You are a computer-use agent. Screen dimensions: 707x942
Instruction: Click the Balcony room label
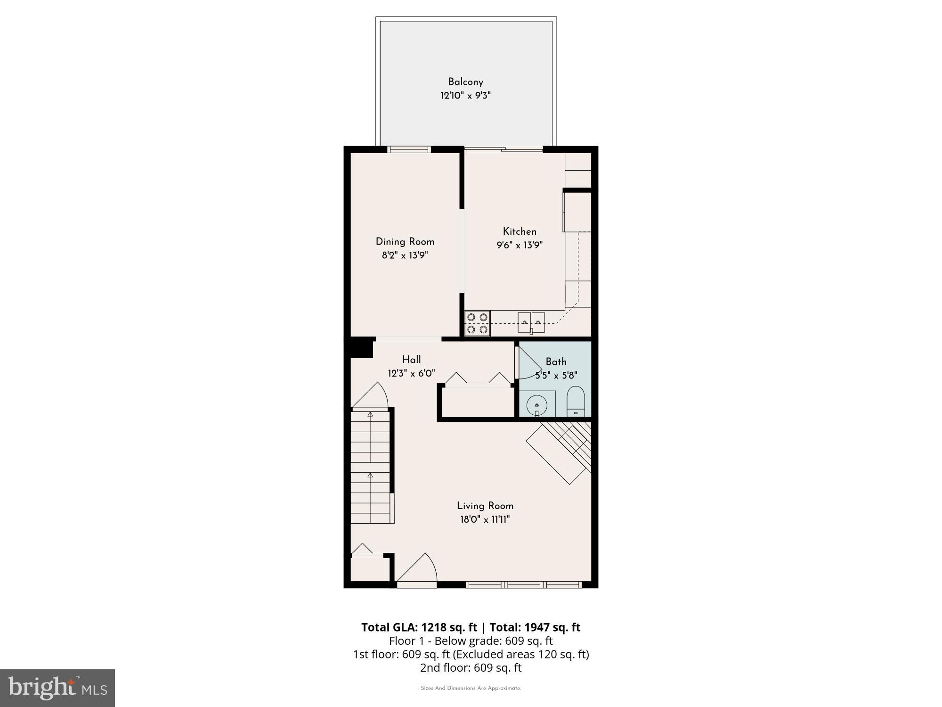tap(465, 82)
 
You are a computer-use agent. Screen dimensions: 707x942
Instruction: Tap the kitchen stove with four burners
tap(477, 323)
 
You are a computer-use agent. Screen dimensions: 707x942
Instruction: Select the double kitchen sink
tap(531, 323)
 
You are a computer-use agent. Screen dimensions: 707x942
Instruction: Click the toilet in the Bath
tap(576, 402)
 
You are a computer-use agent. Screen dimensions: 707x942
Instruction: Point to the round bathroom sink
tap(536, 404)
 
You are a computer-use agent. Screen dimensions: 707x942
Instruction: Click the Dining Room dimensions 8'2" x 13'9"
tap(405, 255)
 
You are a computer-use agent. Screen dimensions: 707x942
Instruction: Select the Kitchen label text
tap(520, 231)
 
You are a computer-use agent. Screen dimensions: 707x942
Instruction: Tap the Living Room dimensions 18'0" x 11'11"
tap(485, 519)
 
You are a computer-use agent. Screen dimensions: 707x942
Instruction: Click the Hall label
tap(411, 360)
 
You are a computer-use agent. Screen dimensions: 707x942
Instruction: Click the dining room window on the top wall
tap(409, 149)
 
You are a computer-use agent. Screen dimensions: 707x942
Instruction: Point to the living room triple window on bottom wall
tap(523, 585)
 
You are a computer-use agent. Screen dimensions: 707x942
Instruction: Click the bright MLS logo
tap(57, 688)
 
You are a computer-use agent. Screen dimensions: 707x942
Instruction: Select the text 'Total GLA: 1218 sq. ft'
tap(419, 627)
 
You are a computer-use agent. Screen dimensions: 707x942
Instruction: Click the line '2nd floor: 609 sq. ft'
tap(471, 667)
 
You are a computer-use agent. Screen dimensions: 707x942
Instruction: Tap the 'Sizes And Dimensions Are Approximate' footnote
tap(471, 688)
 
